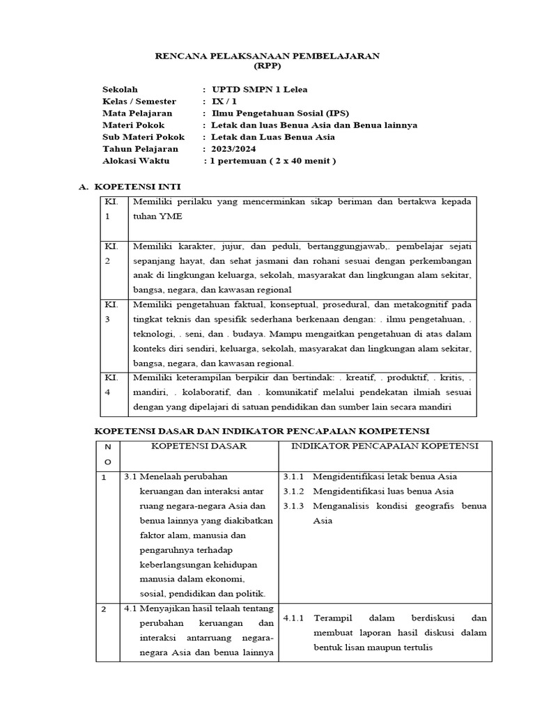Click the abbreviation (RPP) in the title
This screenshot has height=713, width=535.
coord(267,67)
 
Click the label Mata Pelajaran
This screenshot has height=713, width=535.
coord(137,113)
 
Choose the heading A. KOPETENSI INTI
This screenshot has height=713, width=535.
coord(131,187)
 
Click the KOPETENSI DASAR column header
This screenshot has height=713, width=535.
coord(199,446)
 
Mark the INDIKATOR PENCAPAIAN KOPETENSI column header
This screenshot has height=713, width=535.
coord(384,446)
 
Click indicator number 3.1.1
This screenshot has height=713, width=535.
coord(294,477)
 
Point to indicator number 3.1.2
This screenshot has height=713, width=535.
coord(294,492)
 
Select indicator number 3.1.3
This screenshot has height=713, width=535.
coord(294,506)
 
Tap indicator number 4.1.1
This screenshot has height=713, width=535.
coord(294,618)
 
